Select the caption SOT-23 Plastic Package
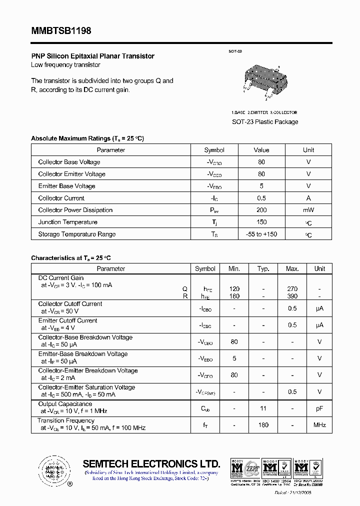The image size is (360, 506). (x=264, y=122)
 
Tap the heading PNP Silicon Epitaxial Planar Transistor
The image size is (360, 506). (x=92, y=56)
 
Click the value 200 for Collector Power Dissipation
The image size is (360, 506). (x=261, y=210)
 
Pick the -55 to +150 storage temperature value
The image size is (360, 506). (x=261, y=234)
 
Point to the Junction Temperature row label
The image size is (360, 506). (x=67, y=222)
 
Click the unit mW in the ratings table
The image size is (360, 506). (x=308, y=210)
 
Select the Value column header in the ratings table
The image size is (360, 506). (x=261, y=150)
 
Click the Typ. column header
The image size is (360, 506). (x=263, y=268)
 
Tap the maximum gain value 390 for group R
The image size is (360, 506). (x=292, y=296)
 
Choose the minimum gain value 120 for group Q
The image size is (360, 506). (x=234, y=288)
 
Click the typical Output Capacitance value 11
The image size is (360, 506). (x=263, y=408)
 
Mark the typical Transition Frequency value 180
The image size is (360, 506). (x=263, y=425)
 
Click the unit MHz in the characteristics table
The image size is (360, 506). (x=319, y=425)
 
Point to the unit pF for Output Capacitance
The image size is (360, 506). (x=319, y=408)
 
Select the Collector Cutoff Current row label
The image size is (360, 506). (x=70, y=304)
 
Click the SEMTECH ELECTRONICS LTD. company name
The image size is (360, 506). (x=151, y=463)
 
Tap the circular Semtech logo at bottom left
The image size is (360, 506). (x=52, y=470)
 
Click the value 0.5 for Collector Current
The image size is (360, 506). (x=261, y=198)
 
